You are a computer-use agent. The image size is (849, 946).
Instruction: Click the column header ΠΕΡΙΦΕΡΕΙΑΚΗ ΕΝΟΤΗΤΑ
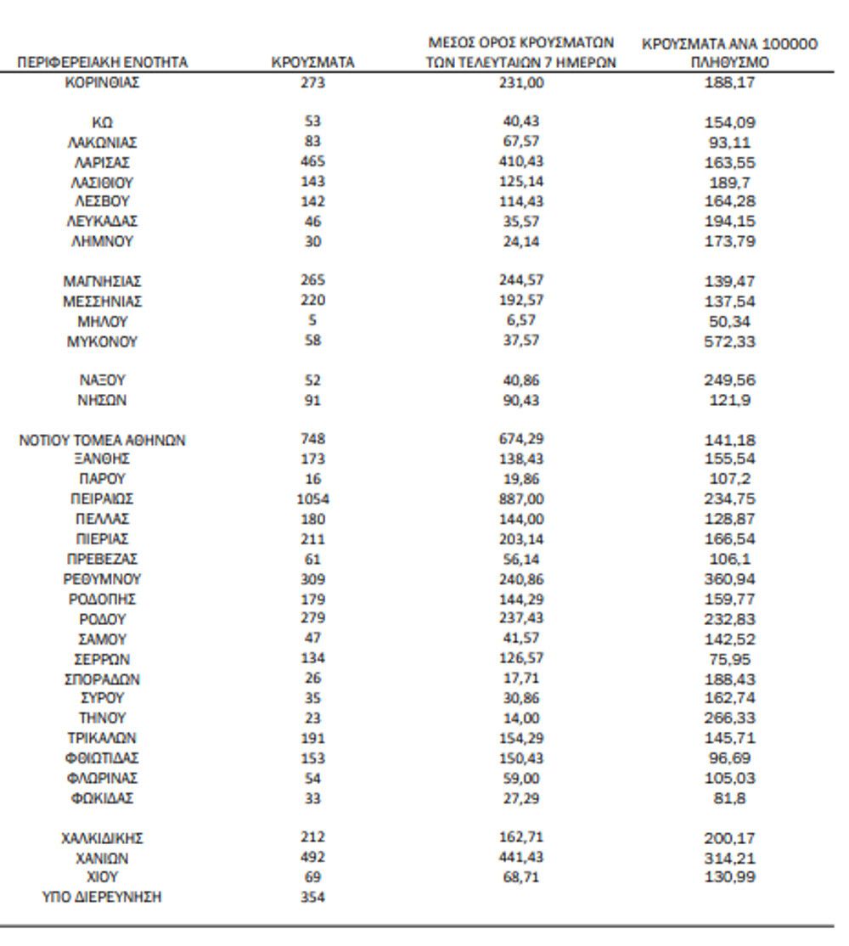coord(103,63)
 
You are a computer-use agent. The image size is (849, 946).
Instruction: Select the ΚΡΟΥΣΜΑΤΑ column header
coord(312,63)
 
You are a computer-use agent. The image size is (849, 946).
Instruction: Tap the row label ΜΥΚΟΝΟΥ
coord(102,342)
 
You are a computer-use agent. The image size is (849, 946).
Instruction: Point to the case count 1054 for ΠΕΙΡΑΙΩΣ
coord(312,499)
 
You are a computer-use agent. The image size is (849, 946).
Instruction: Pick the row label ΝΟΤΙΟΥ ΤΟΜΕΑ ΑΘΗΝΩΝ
coord(102,440)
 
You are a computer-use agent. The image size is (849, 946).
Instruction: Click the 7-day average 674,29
coord(521,440)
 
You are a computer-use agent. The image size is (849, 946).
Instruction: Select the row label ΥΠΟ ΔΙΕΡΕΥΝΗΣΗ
coord(102,898)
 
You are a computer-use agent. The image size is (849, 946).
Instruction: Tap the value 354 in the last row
coord(312,898)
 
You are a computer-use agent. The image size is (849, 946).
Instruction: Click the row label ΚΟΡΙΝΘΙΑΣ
coord(102,82)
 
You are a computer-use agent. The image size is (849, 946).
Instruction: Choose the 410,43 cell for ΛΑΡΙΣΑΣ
coord(521,162)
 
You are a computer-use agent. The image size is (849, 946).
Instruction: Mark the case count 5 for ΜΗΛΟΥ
coord(312,322)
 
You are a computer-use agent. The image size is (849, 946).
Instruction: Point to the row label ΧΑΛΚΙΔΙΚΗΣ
coord(102,838)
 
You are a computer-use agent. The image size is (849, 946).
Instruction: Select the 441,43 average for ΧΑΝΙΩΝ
coord(521,858)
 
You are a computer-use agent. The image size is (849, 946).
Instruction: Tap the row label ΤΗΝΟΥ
coord(102,718)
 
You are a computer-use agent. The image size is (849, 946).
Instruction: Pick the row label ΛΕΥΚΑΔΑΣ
coord(102,222)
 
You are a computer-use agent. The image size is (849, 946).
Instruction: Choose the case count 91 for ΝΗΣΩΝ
coord(312,400)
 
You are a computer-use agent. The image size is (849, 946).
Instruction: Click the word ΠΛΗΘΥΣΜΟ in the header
coord(730,63)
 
